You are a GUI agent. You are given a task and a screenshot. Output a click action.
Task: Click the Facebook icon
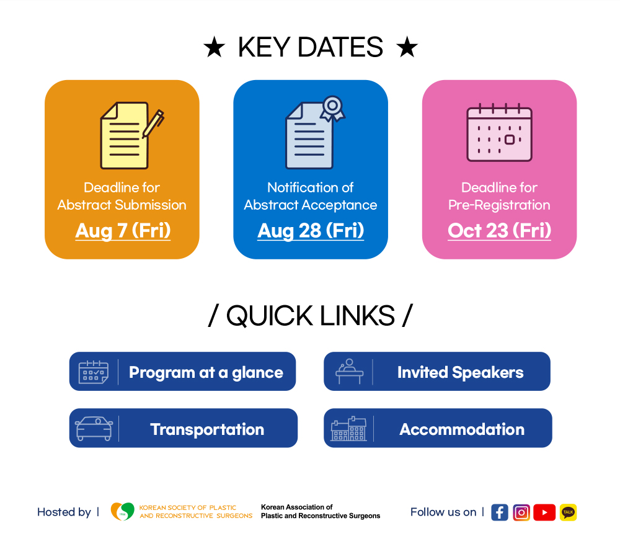[499, 512]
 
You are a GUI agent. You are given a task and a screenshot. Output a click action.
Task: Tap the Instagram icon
[521, 512]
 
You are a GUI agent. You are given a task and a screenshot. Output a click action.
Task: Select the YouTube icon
[544, 512]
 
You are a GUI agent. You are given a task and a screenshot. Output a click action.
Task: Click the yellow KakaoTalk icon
[568, 512]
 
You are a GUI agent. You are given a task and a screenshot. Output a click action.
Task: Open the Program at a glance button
[182, 371]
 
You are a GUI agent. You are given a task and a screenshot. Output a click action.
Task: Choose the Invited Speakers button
[437, 371]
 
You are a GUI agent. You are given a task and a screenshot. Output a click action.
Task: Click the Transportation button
[183, 428]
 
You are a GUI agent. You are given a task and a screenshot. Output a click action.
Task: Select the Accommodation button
[438, 428]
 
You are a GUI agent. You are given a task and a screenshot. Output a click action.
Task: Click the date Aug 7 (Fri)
[123, 231]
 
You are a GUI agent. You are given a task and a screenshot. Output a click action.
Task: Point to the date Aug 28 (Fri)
[311, 231]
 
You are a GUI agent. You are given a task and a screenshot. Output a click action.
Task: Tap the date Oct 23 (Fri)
[499, 231]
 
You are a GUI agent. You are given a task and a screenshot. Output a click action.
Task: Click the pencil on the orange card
[153, 123]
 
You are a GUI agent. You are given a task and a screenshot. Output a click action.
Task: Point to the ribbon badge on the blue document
[332, 109]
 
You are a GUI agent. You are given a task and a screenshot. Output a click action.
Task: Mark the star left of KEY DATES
[215, 47]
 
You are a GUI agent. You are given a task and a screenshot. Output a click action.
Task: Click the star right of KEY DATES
[407, 47]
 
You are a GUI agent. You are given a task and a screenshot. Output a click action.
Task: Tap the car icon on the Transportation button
[94, 429]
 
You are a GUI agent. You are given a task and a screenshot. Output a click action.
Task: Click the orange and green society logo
[123, 511]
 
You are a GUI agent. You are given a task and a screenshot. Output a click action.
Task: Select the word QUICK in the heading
[270, 316]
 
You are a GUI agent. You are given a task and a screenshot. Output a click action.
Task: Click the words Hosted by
[64, 512]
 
